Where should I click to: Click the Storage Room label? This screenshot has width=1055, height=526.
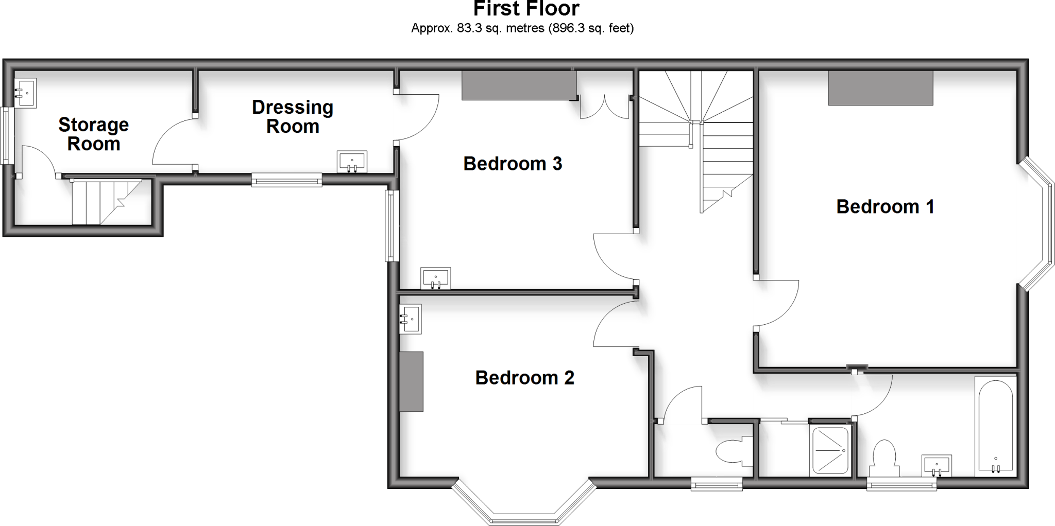93,134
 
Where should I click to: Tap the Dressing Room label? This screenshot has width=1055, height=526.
293,117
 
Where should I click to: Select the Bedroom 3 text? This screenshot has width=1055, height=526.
512,164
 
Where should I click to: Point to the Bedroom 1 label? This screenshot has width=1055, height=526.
884,206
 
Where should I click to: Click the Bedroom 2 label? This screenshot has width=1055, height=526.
524,378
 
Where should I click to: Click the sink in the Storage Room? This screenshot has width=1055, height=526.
25,93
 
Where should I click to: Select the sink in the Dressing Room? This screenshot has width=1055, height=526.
352,161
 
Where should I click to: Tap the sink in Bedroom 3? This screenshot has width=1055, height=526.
435,278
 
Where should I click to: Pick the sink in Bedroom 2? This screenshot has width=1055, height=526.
411,319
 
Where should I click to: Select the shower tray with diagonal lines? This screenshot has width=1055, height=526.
830,450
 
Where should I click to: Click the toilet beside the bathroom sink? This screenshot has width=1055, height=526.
884,456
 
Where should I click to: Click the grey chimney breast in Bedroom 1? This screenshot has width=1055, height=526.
880,88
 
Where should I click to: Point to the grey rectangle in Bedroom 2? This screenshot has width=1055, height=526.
412,381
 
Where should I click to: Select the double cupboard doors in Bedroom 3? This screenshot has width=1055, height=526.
604,107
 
